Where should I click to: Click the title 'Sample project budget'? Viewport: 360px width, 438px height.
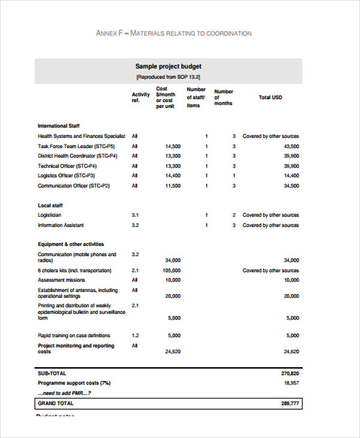click(x=168, y=67)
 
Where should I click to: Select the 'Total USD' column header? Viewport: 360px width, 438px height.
click(x=270, y=97)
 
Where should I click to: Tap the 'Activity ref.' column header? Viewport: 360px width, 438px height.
click(x=140, y=97)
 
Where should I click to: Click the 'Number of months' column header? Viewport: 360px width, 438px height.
click(x=224, y=97)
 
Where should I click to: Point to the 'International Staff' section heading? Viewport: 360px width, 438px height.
click(x=59, y=126)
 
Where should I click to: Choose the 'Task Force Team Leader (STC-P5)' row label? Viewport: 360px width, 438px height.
click(x=76, y=146)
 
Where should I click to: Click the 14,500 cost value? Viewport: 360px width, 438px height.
click(x=172, y=146)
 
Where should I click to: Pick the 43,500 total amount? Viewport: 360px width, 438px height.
click(x=291, y=146)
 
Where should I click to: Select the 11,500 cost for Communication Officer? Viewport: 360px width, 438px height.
click(x=172, y=186)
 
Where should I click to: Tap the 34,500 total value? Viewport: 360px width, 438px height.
click(x=291, y=186)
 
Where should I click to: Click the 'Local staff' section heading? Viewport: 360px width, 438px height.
click(x=50, y=205)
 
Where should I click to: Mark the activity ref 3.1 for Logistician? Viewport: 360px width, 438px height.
click(x=135, y=215)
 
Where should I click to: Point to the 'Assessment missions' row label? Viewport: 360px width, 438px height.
click(x=62, y=280)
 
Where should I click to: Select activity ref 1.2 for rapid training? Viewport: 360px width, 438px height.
click(x=135, y=335)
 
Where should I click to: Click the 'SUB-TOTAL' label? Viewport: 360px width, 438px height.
click(x=53, y=373)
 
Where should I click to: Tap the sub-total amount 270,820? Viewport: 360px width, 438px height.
click(x=290, y=373)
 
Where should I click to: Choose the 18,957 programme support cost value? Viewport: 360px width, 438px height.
click(x=291, y=382)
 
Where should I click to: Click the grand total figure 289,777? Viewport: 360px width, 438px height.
click(x=290, y=404)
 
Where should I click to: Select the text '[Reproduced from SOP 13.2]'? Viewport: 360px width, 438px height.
click(x=168, y=77)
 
